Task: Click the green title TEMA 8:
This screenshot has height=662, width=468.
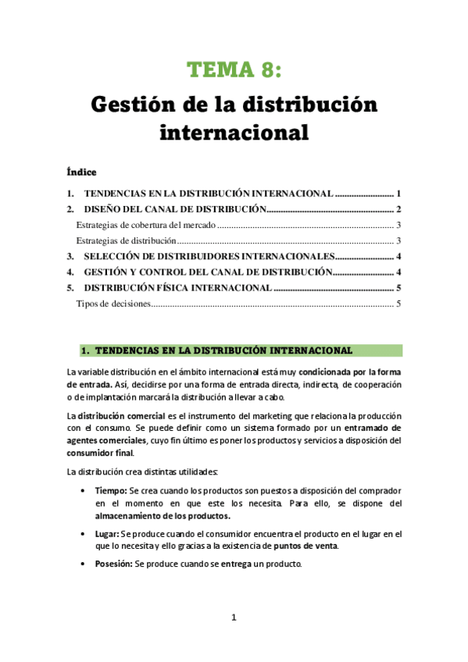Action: (233, 70)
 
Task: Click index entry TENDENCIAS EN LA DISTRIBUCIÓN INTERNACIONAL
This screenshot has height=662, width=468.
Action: (209, 193)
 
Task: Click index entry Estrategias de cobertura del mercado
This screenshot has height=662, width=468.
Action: (145, 225)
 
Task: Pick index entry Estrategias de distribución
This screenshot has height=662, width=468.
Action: (126, 240)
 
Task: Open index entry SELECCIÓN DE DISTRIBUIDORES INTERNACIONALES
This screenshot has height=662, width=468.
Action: (209, 257)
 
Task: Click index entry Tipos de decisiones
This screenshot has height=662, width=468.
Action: (113, 304)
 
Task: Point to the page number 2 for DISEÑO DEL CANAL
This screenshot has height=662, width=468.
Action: (398, 209)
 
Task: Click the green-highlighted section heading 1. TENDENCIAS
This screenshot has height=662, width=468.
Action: (223, 350)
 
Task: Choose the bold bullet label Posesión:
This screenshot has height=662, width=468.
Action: (114, 564)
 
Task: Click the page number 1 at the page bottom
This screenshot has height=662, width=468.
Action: (234, 618)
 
